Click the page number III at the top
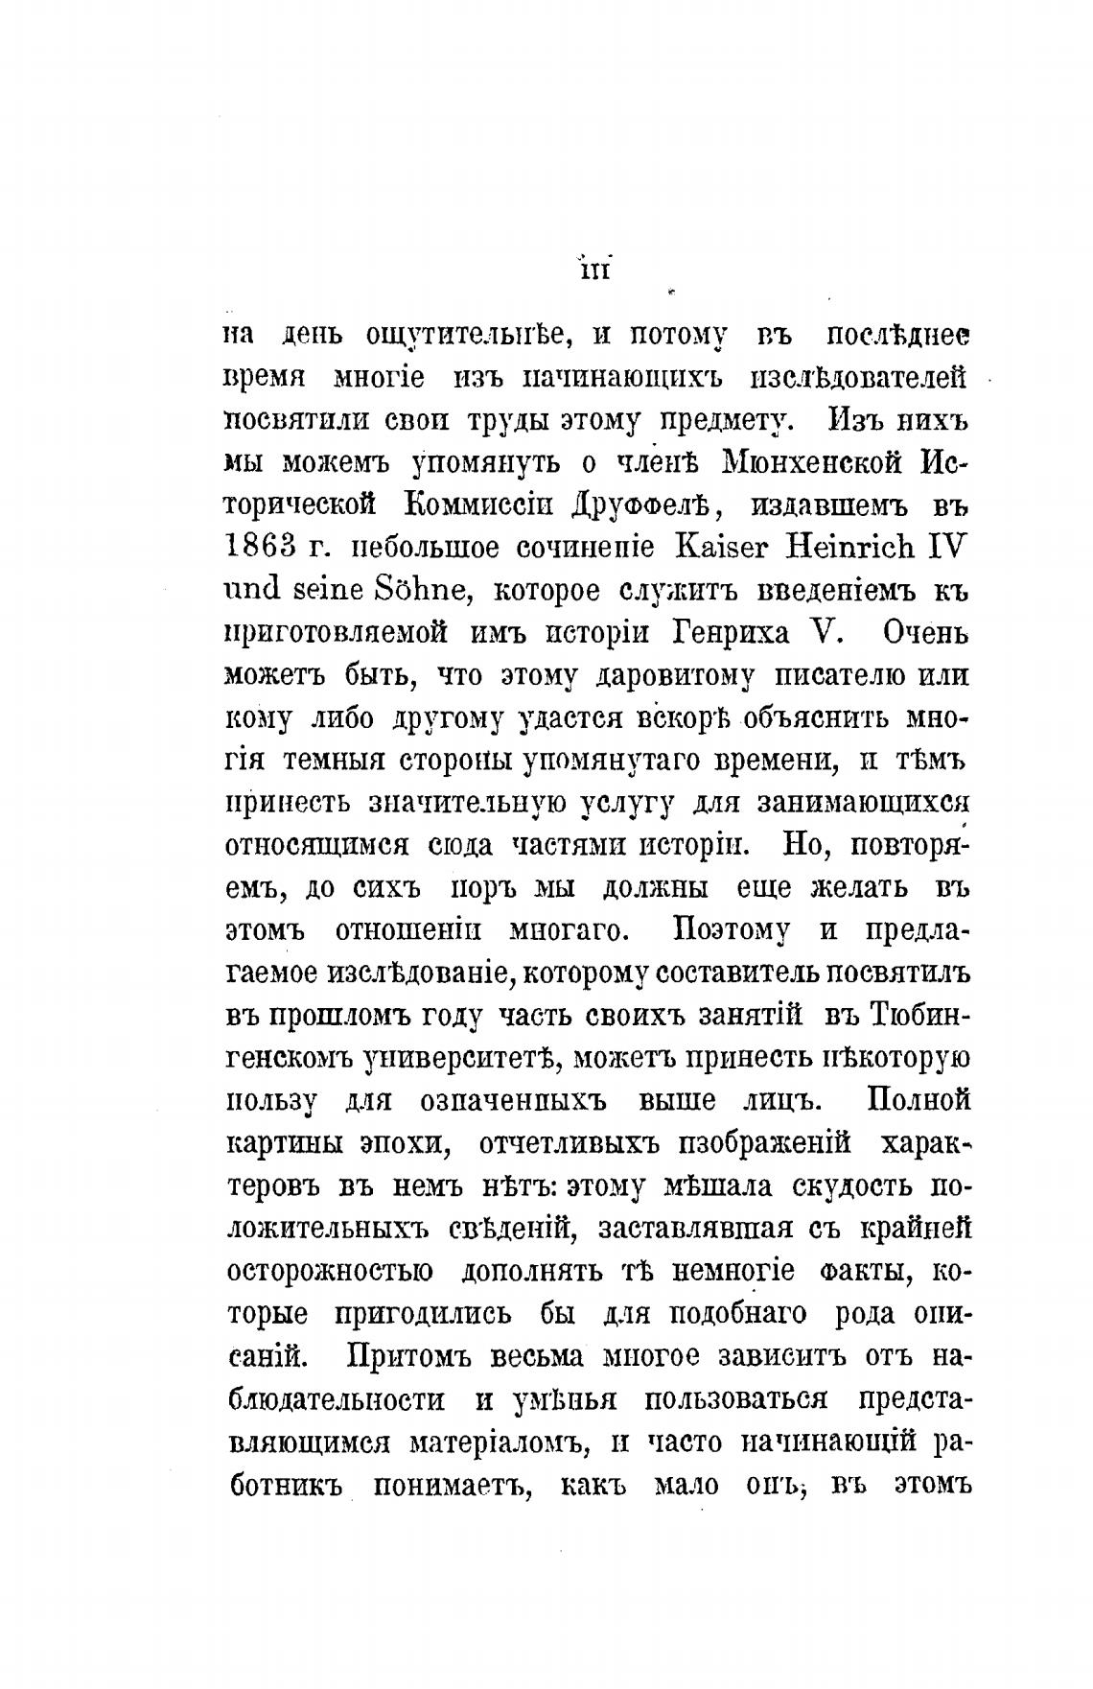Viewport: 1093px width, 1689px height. click(594, 271)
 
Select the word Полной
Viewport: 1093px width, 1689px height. click(919, 1099)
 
